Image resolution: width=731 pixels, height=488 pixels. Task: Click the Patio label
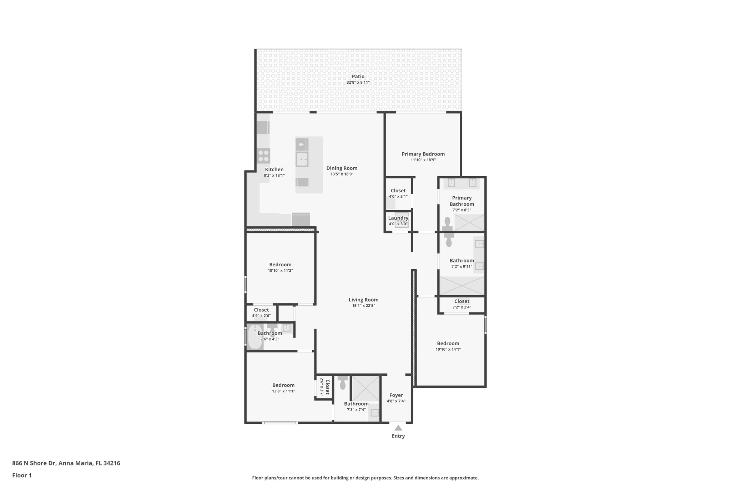click(x=358, y=77)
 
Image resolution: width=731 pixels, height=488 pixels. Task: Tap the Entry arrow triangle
click(x=398, y=428)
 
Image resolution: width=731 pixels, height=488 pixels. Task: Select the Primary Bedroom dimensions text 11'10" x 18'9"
click(x=423, y=160)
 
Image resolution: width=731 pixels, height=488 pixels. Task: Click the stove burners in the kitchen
click(x=263, y=156)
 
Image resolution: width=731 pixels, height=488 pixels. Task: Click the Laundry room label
click(x=398, y=218)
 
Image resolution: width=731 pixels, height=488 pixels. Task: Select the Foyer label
click(x=396, y=395)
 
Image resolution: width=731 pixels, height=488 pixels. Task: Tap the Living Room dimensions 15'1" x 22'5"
click(x=363, y=306)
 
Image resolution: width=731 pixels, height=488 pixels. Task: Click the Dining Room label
click(x=342, y=168)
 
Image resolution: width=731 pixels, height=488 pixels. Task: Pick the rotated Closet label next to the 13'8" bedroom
click(x=327, y=386)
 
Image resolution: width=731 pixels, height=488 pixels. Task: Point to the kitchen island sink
click(x=302, y=159)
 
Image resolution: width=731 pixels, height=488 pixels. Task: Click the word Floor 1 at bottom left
click(x=22, y=475)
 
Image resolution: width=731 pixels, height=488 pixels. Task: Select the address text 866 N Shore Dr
click(x=34, y=463)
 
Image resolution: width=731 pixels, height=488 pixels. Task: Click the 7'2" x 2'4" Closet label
click(x=462, y=301)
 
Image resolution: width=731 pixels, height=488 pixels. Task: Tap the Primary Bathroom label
click(x=462, y=201)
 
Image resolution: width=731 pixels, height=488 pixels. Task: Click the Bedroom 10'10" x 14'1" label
click(x=448, y=343)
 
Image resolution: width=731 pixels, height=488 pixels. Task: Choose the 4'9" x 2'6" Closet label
click(x=261, y=310)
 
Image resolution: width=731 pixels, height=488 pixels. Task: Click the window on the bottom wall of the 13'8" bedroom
click(x=280, y=423)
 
